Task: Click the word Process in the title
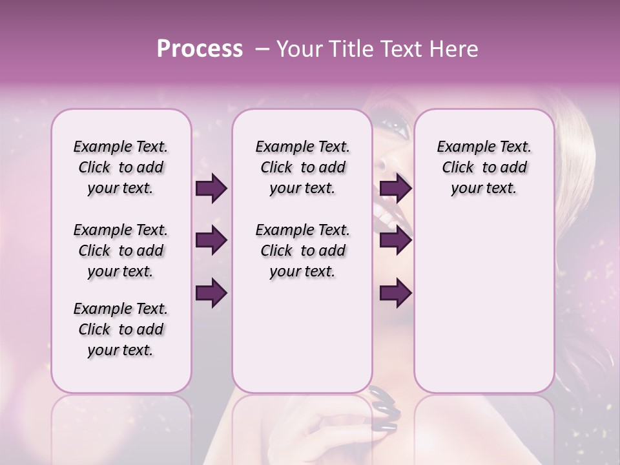(x=200, y=49)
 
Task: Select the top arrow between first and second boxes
(x=211, y=189)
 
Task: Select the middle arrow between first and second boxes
(x=211, y=241)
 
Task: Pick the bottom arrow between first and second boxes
(x=211, y=293)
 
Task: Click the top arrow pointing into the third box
(x=395, y=189)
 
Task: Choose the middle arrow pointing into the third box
(x=395, y=241)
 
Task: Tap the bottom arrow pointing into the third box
(x=395, y=293)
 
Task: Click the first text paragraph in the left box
(x=121, y=167)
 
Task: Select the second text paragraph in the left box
(x=121, y=251)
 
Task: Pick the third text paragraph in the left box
(x=121, y=329)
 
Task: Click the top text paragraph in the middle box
(x=302, y=167)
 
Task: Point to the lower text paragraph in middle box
(x=302, y=251)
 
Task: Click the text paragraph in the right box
(x=484, y=167)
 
